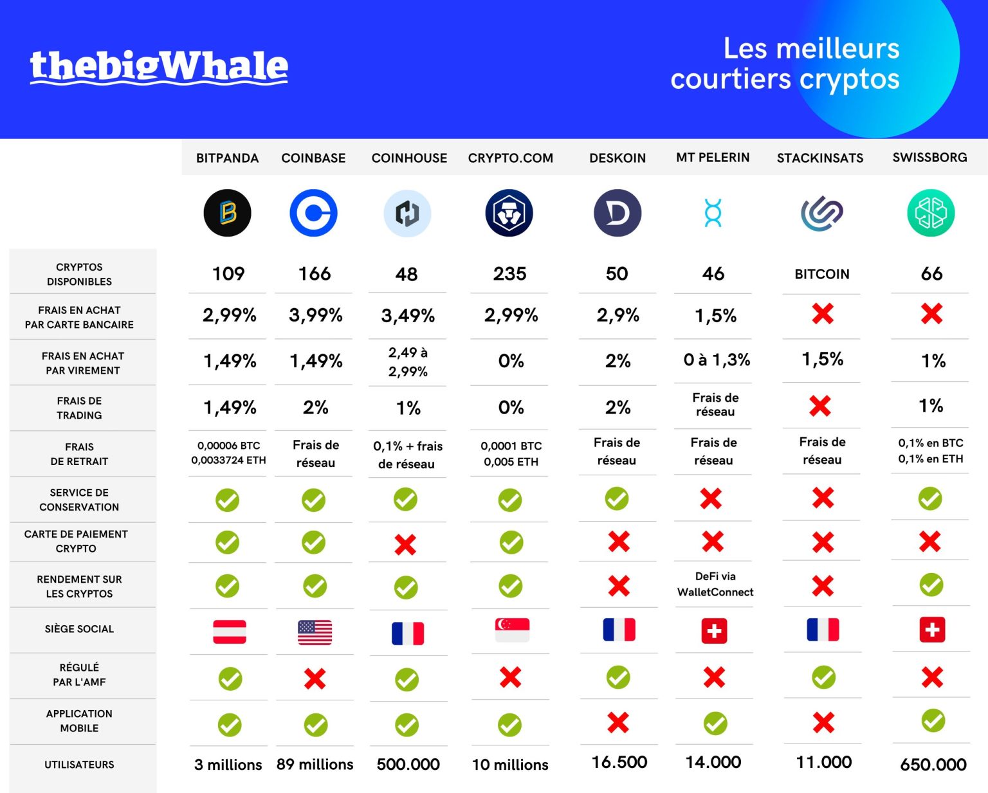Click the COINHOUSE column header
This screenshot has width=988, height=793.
tap(409, 158)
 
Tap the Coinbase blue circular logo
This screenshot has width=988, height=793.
tap(313, 213)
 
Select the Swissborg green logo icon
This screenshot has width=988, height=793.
tap(931, 213)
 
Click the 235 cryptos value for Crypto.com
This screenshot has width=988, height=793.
tap(509, 274)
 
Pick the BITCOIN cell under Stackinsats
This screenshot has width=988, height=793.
tap(822, 274)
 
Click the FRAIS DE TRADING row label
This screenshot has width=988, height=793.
tap(79, 408)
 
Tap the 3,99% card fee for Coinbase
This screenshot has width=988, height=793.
tap(315, 315)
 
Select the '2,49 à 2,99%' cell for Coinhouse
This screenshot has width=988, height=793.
tap(408, 362)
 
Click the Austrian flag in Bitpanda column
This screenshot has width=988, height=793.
tap(230, 632)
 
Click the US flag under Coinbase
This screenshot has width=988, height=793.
tap(315, 632)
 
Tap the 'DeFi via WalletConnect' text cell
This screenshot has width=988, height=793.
tap(715, 584)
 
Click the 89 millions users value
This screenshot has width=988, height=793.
tap(315, 764)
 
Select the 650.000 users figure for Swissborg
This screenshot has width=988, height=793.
tap(933, 765)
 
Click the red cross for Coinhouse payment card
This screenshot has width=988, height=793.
tap(405, 545)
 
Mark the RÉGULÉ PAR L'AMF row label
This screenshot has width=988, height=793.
tap(79, 675)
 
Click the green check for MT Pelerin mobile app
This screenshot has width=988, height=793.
tap(715, 724)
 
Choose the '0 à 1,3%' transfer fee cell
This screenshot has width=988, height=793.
tap(717, 360)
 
